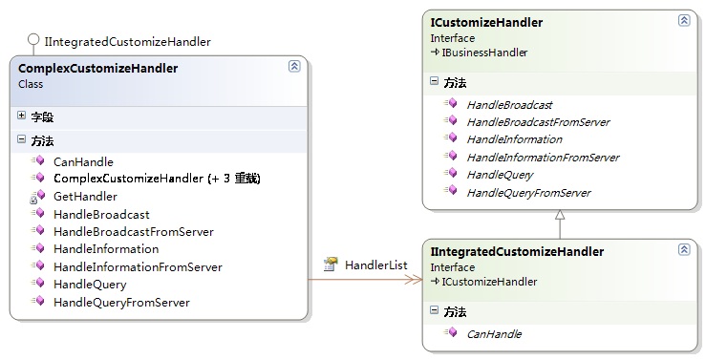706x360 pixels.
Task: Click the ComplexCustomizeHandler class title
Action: tap(97, 69)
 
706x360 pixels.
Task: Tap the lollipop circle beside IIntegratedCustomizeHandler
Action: tap(33, 39)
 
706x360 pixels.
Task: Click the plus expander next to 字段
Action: tap(21, 116)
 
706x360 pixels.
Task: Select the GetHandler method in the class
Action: tap(85, 197)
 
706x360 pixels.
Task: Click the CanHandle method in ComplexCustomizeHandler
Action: tap(83, 162)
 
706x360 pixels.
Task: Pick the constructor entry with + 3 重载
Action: tap(157, 179)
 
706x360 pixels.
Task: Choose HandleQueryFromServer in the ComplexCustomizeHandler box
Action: tap(121, 303)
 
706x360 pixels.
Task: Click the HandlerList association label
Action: tap(376, 265)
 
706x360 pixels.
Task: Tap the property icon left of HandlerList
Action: tap(331, 265)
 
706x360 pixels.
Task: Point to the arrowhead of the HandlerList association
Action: tap(415, 280)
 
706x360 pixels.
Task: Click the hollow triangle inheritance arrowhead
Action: tap(560, 215)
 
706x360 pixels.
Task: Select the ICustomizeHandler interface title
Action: tap(486, 23)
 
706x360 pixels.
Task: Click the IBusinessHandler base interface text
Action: tap(484, 53)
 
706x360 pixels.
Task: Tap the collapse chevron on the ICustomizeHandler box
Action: tap(684, 20)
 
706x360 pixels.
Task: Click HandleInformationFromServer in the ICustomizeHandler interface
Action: tap(543, 158)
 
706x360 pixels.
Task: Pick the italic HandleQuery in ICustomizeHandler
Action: tap(501, 175)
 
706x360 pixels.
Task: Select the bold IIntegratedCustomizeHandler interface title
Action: tap(517, 251)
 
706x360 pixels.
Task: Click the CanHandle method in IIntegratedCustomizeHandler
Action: tap(494, 334)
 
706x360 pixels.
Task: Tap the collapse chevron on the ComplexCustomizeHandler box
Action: tap(294, 66)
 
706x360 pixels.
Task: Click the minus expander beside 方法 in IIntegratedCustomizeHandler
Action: tap(434, 310)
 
